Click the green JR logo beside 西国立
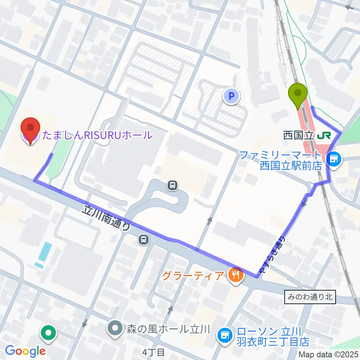322,135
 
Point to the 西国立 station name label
298,135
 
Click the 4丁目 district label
154,352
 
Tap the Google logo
25,351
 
